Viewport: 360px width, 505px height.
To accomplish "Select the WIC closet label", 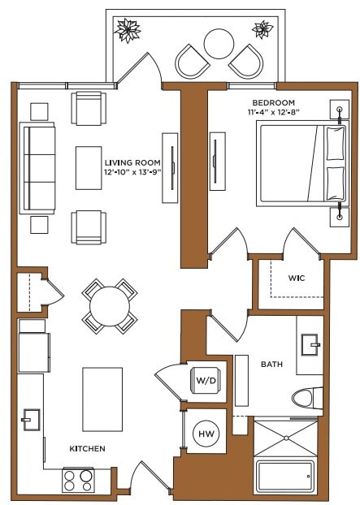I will coord(296,278).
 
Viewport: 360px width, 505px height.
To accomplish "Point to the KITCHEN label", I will coord(87,448).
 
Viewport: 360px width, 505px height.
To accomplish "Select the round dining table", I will coord(109,306).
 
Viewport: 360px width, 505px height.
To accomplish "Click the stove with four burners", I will coord(80,481).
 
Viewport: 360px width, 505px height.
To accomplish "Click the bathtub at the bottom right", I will coord(284,477).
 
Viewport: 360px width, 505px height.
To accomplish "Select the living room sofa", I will coord(37,169).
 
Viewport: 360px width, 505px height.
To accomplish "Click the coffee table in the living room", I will coord(89,169).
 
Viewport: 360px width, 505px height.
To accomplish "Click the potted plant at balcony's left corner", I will coord(128,30).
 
